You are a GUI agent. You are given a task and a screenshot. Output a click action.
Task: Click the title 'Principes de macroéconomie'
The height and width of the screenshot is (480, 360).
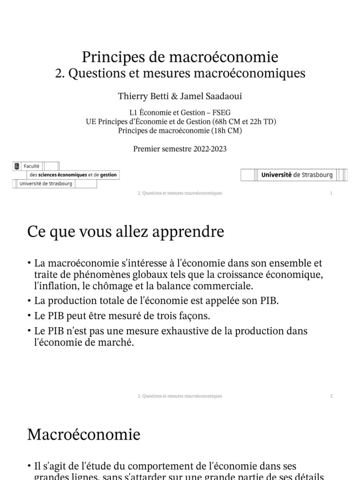pyautogui.click(x=180, y=57)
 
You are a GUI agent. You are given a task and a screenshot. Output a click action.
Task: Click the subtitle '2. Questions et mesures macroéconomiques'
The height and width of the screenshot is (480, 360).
pyautogui.click(x=180, y=74)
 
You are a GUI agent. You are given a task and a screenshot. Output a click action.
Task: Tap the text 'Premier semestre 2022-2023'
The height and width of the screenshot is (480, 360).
pyautogui.click(x=180, y=149)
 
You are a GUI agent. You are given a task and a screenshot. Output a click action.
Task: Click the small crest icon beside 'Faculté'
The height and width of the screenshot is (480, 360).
pyautogui.click(x=17, y=165)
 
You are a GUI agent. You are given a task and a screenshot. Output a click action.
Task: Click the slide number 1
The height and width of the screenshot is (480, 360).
pyautogui.click(x=331, y=193)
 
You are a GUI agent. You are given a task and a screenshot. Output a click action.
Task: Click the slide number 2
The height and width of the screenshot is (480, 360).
pyautogui.click(x=331, y=396)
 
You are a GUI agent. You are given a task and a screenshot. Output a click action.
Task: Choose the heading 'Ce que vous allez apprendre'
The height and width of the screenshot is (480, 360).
pyautogui.click(x=126, y=232)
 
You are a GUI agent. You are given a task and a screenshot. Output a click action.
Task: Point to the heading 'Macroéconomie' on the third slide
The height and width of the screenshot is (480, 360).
pyautogui.click(x=84, y=434)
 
